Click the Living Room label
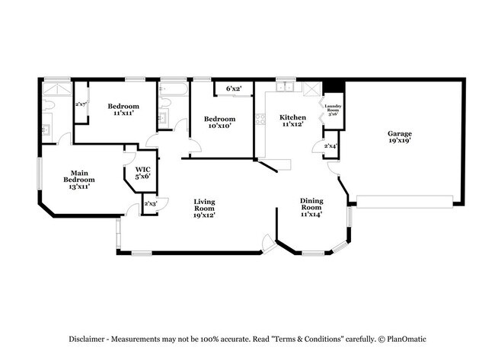pyautogui.click(x=203, y=207)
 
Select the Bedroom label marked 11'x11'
pyautogui.click(x=123, y=109)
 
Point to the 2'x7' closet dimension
pyautogui.click(x=81, y=104)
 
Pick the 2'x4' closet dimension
pyautogui.click(x=331, y=145)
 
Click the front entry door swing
pyautogui.click(x=268, y=244)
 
